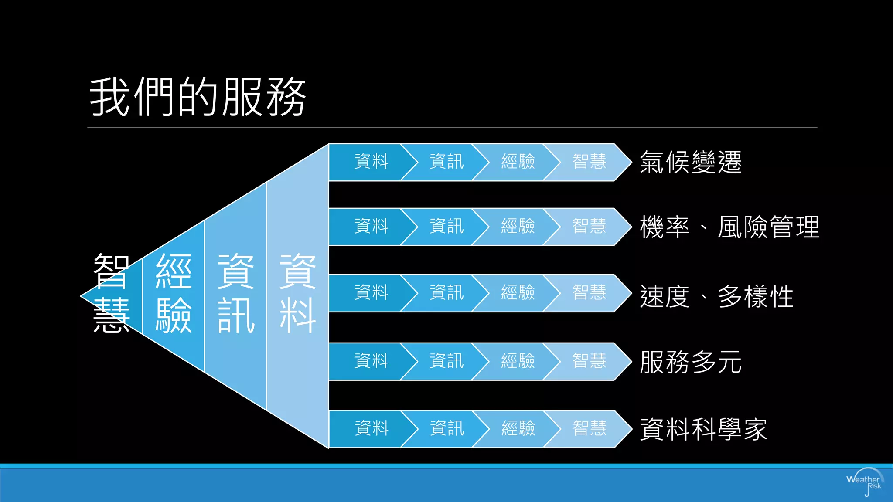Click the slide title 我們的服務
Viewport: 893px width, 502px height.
[198, 97]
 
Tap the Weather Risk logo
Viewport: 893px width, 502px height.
[865, 482]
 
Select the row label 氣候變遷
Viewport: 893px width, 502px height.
[690, 162]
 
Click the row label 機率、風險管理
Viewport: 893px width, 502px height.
[729, 227]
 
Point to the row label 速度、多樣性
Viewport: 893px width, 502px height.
[716, 296]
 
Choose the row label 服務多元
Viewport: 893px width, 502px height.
[690, 362]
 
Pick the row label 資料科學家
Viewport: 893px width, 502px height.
[703, 429]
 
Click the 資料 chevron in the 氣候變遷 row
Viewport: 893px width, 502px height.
[371, 162]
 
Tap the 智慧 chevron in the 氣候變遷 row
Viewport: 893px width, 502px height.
[589, 162]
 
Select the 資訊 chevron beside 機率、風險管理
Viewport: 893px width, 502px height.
[446, 227]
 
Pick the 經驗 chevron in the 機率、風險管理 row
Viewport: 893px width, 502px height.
[518, 227]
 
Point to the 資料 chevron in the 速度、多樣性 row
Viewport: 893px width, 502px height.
[371, 293]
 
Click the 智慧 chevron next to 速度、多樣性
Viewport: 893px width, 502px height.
[589, 293]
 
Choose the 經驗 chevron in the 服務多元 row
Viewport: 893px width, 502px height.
[518, 361]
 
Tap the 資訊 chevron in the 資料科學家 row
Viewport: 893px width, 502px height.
[446, 429]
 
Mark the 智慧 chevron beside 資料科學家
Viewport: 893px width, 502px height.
[589, 429]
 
